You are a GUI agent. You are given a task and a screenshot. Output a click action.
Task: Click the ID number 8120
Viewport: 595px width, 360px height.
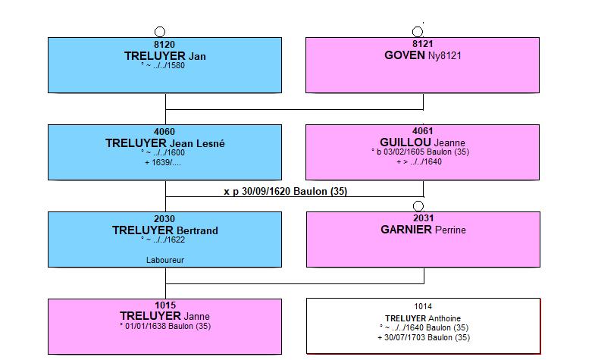pyautogui.click(x=164, y=45)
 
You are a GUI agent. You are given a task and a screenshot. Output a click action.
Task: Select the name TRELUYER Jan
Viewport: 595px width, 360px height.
pyautogui.click(x=165, y=56)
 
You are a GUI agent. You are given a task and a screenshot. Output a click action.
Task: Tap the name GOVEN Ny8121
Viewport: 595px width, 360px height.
pyautogui.click(x=423, y=55)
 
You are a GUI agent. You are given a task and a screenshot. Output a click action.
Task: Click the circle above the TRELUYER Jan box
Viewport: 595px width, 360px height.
pyautogui.click(x=160, y=32)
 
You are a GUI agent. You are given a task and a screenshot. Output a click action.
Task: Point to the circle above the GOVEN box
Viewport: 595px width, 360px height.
pyautogui.click(x=418, y=32)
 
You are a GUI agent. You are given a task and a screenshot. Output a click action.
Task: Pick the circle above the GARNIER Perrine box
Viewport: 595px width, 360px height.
pyautogui.click(x=418, y=206)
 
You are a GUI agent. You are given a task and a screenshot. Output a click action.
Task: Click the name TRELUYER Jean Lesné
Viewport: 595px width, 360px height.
pyautogui.click(x=165, y=143)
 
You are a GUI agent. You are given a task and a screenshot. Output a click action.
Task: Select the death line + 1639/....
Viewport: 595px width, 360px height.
pyautogui.click(x=163, y=163)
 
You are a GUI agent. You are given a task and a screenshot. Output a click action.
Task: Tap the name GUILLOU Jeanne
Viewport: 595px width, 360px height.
pyautogui.click(x=422, y=142)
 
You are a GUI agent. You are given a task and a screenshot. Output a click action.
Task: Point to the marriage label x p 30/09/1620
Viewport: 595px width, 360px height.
pyautogui.click(x=257, y=192)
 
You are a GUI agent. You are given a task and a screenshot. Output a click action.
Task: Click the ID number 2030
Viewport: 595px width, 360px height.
pyautogui.click(x=164, y=219)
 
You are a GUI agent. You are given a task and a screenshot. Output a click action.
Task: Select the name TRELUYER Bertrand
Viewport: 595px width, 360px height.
pyautogui.click(x=165, y=230)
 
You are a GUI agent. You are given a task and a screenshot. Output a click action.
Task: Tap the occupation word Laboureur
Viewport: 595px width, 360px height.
pyautogui.click(x=165, y=260)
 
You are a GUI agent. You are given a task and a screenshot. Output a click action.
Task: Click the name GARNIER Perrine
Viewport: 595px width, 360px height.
pyautogui.click(x=423, y=230)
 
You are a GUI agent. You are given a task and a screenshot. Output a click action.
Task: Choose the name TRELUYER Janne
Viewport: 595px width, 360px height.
pyautogui.click(x=164, y=316)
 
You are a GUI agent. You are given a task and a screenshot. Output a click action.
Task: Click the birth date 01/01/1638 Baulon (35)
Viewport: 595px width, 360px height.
pyautogui.click(x=168, y=326)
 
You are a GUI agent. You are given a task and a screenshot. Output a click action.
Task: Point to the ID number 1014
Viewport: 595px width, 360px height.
pyautogui.click(x=423, y=306)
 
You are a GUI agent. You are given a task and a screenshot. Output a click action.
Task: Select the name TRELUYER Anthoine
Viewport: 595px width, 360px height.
pyautogui.click(x=423, y=318)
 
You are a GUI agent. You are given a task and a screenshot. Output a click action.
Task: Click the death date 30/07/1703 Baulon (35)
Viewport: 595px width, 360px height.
pyautogui.click(x=427, y=337)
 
